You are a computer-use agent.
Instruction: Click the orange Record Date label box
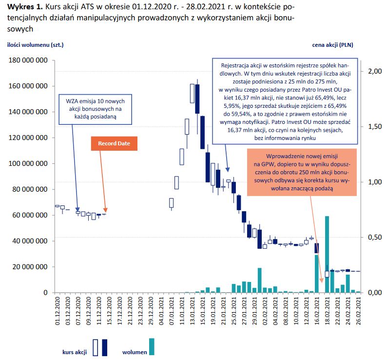[x=114, y=143]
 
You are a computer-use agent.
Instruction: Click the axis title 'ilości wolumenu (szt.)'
[x=36, y=45]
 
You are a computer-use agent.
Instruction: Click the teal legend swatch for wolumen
[x=152, y=346]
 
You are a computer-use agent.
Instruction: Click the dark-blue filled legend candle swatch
[x=104, y=347]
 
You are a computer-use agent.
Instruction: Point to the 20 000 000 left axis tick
[x=29, y=267]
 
